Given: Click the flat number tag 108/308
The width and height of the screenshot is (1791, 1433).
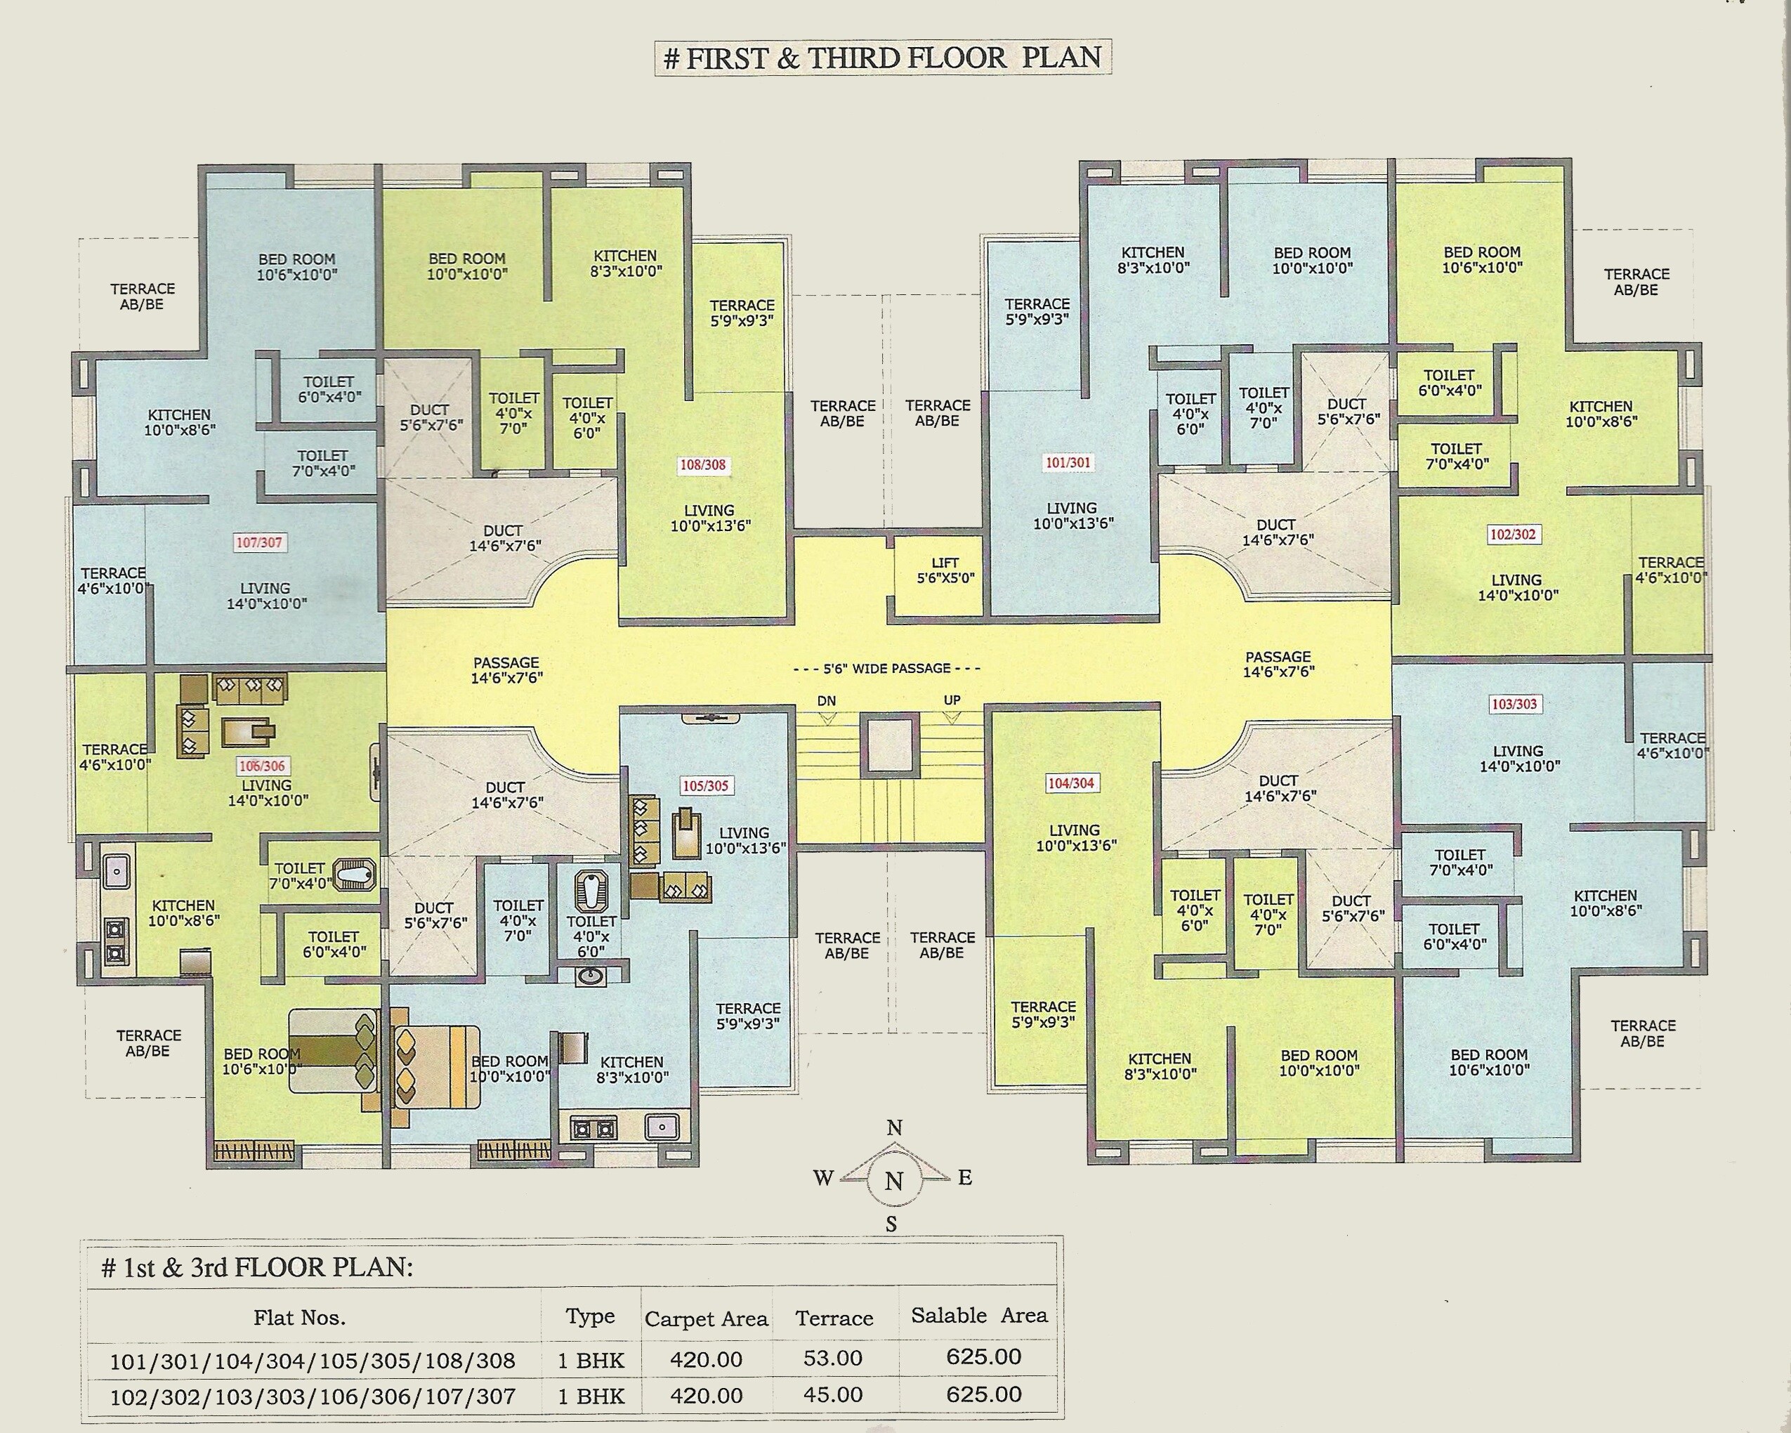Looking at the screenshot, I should pyautogui.click(x=703, y=465).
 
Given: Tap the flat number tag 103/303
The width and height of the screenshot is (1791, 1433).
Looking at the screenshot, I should pyautogui.click(x=1514, y=704).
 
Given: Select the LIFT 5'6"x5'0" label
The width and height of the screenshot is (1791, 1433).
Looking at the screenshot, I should pyautogui.click(x=945, y=570).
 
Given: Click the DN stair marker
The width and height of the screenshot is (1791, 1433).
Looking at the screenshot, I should pyautogui.click(x=827, y=701).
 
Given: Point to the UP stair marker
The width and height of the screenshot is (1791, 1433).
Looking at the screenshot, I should pyautogui.click(x=952, y=700).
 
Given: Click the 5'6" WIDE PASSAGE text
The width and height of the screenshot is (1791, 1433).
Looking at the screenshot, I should pyautogui.click(x=886, y=668).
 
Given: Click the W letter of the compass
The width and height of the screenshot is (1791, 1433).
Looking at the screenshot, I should pyautogui.click(x=823, y=1178).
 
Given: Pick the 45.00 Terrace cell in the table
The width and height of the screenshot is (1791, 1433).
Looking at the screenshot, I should pyautogui.click(x=833, y=1395).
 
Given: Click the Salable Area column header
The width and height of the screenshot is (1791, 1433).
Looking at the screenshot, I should pyautogui.click(x=978, y=1316).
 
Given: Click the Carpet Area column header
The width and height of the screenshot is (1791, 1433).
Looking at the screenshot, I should pyautogui.click(x=706, y=1319).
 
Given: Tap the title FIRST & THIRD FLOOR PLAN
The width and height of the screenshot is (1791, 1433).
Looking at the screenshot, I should pyautogui.click(x=883, y=58).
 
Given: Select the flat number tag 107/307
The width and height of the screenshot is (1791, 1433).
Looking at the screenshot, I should pyautogui.click(x=259, y=542).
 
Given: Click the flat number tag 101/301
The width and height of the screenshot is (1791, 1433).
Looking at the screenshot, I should pyautogui.click(x=1068, y=463).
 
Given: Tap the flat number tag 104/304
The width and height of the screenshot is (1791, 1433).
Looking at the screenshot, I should pyautogui.click(x=1071, y=783).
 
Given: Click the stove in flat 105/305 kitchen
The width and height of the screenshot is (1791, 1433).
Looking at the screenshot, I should pyautogui.click(x=594, y=1129).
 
